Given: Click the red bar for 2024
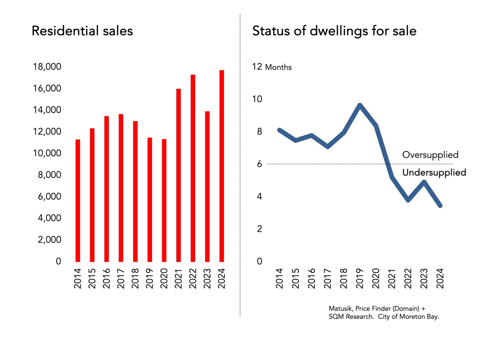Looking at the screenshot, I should (222, 166).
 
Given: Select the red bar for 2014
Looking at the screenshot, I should (78, 200).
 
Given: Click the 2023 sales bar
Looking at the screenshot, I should (207, 186).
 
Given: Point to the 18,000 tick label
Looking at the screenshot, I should (47, 67).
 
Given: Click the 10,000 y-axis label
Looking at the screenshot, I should (47, 153).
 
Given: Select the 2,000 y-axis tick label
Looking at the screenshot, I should (49, 240).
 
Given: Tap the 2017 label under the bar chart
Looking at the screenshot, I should (121, 278).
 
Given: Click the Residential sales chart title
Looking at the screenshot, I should (82, 31).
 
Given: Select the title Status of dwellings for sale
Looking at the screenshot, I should (334, 31).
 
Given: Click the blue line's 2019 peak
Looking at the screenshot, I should (360, 105).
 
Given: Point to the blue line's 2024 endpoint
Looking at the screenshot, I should (440, 206).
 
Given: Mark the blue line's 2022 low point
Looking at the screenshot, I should (408, 200).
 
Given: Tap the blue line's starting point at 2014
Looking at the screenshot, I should (280, 130).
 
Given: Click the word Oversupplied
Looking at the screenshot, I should (430, 155).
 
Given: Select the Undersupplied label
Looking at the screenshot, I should (434, 173).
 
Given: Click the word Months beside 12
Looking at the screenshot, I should (278, 67).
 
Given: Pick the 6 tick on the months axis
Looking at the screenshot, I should (259, 164).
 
